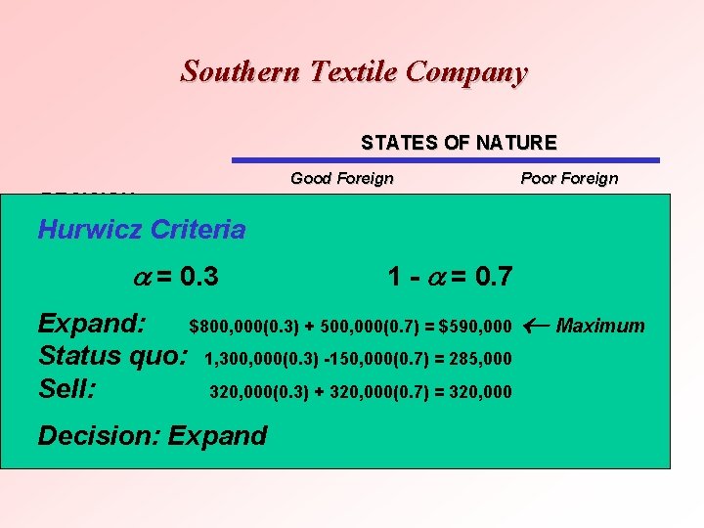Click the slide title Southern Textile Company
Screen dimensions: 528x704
point(353,71)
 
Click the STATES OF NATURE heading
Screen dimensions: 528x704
point(459,143)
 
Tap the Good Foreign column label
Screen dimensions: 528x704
point(342,178)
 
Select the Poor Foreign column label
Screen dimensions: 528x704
point(569,178)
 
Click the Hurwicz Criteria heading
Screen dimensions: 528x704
point(141,230)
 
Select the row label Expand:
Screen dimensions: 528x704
point(92,325)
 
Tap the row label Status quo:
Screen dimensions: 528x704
point(112,358)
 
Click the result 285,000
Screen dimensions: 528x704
point(478,360)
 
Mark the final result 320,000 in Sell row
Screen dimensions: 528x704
point(478,393)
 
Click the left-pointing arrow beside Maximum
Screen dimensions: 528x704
point(535,325)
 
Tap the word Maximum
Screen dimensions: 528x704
point(600,326)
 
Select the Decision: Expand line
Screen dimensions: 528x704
point(152,435)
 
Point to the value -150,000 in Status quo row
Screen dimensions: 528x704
point(349,360)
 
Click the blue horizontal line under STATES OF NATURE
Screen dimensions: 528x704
point(445,160)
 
